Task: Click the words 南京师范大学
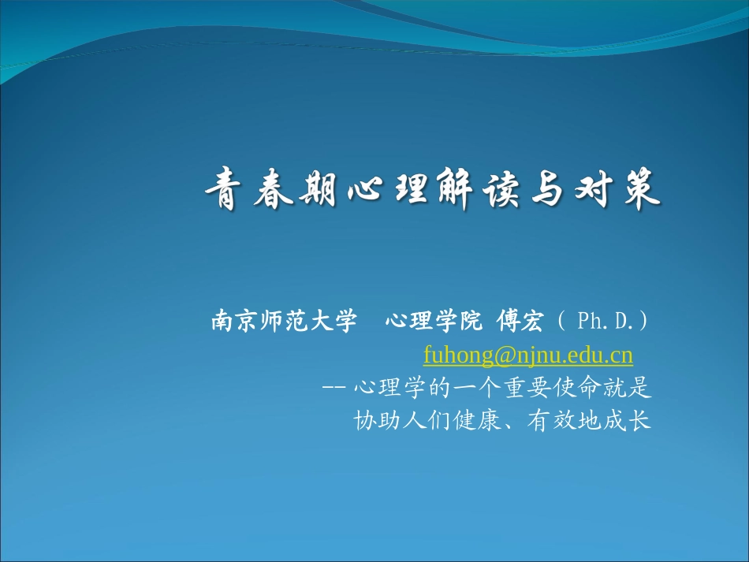[x=284, y=322]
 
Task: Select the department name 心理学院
[x=433, y=322]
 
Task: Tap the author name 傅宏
[x=520, y=322]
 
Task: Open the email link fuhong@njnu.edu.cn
[x=528, y=355]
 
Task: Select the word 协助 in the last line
[x=372, y=422]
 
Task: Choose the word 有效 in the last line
[x=553, y=422]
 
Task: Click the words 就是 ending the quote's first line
[x=632, y=389]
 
